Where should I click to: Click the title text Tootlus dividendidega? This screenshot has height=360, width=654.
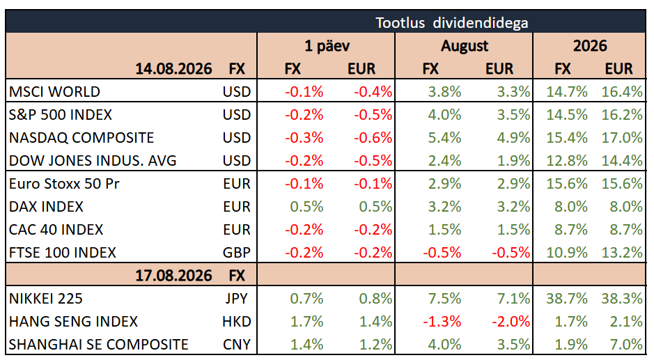(x=452, y=22)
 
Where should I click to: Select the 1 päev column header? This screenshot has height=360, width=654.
(x=327, y=45)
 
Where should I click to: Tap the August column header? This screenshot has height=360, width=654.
(x=465, y=46)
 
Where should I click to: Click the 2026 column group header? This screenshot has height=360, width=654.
(x=590, y=45)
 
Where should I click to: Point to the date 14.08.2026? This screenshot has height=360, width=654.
(x=173, y=68)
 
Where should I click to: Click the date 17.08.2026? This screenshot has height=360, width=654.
(x=173, y=275)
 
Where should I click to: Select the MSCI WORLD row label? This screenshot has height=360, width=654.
(x=54, y=91)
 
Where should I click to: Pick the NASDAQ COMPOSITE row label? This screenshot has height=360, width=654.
(x=81, y=138)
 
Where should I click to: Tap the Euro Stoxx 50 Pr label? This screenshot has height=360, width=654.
(x=64, y=184)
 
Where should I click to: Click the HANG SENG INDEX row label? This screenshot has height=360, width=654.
(x=73, y=321)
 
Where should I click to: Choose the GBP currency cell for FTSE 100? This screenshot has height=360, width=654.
(x=237, y=252)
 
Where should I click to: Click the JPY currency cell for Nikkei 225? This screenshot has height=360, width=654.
(x=237, y=298)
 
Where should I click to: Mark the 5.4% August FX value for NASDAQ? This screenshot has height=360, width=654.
(x=444, y=138)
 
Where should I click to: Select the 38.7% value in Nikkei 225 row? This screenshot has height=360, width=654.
(x=567, y=298)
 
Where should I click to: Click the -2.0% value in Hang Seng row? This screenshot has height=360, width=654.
(x=511, y=321)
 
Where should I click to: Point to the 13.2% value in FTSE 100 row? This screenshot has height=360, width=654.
(x=622, y=252)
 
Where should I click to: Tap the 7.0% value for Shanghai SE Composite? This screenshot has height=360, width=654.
(x=625, y=344)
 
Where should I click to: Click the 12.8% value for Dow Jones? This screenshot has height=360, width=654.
(x=567, y=161)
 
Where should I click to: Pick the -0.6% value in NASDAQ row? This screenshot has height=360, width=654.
(x=373, y=138)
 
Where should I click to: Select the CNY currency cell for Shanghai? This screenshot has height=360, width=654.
(x=237, y=344)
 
